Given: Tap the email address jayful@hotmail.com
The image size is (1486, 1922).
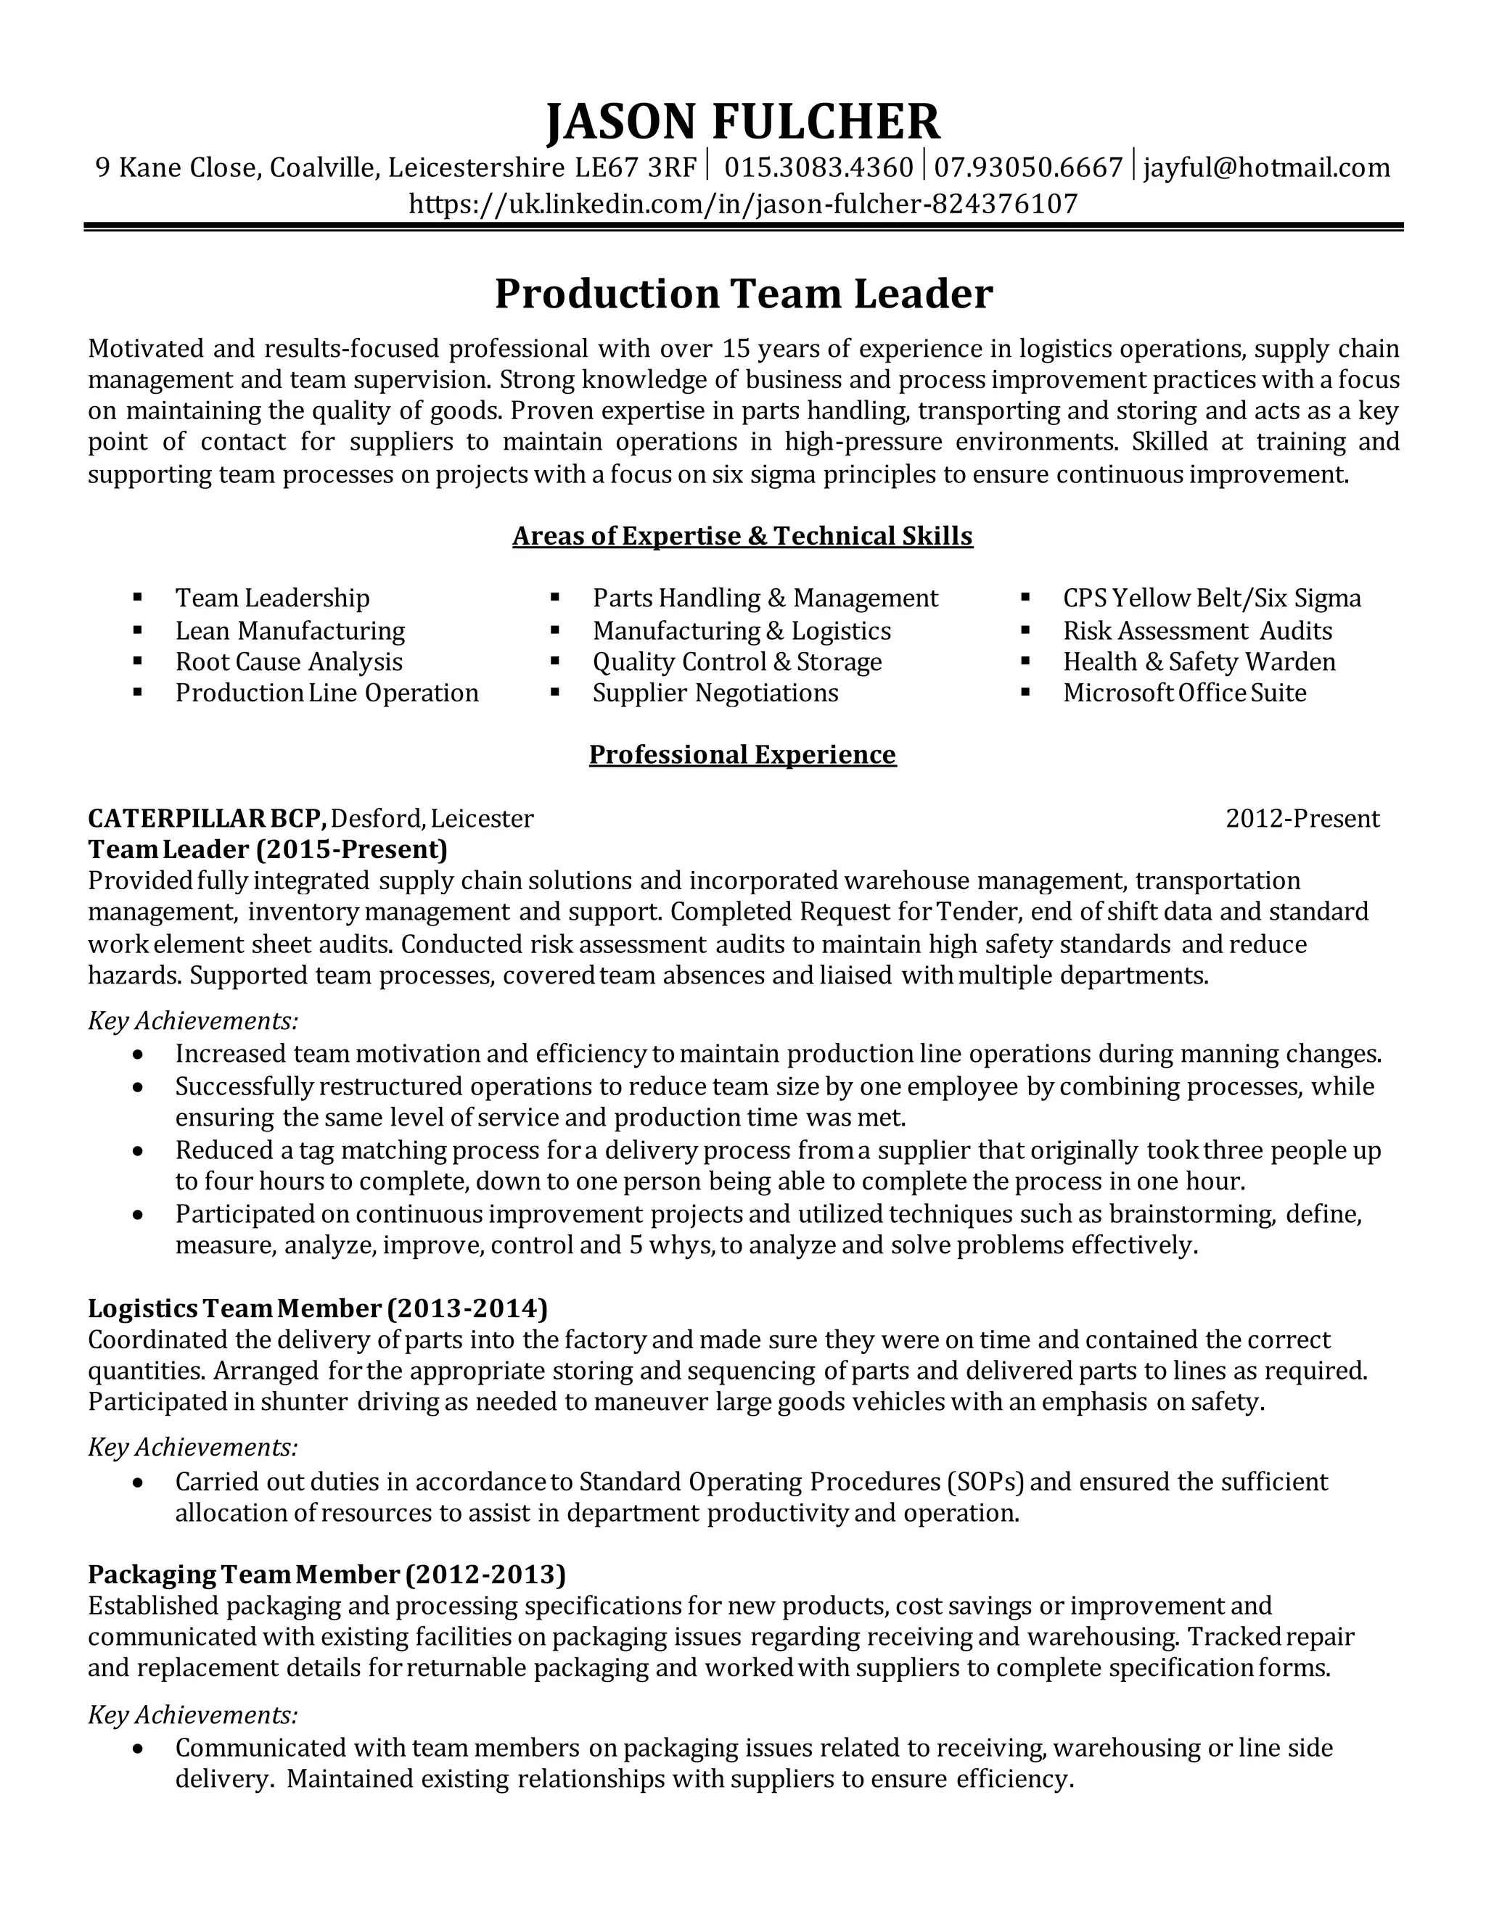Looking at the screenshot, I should (1266, 168).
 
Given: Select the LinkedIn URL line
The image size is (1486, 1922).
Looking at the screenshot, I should (742, 205).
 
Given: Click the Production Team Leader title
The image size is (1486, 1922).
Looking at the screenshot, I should (742, 294).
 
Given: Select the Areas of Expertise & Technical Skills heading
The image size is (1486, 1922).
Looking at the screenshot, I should (742, 536).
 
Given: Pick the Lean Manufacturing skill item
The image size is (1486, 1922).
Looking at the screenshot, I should (290, 631).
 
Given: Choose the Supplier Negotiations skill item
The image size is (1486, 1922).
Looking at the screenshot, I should (715, 693).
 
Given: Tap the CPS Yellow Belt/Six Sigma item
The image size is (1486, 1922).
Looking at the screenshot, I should (1211, 598).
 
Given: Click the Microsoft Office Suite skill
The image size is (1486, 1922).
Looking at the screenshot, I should (1184, 693).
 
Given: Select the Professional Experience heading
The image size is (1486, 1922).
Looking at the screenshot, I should (742, 755).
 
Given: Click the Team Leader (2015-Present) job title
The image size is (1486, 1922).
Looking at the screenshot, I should (268, 849).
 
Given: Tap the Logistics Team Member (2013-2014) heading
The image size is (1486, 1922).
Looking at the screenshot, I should (318, 1308).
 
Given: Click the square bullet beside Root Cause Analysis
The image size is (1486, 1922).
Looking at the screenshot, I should (137, 661).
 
